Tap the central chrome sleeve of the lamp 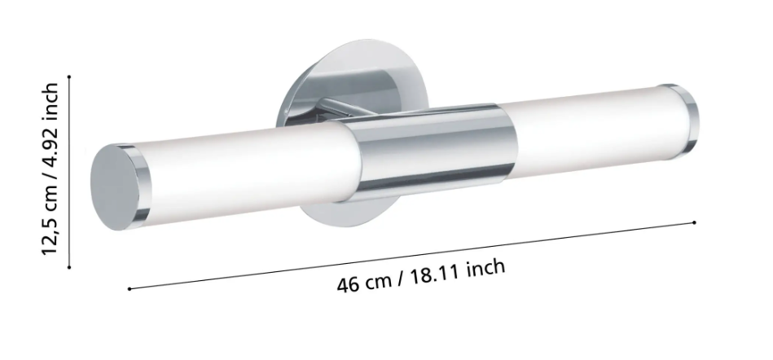[x=428, y=152]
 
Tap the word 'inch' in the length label [x=486, y=268]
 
